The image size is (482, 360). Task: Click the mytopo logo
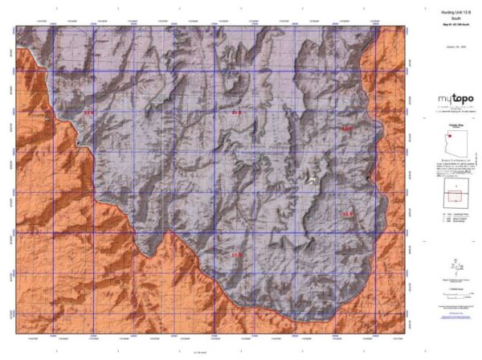click(455, 99)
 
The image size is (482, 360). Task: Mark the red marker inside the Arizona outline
click(451, 137)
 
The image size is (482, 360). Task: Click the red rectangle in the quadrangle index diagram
click(455, 195)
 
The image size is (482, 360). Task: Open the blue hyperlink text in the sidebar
click(455, 318)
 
